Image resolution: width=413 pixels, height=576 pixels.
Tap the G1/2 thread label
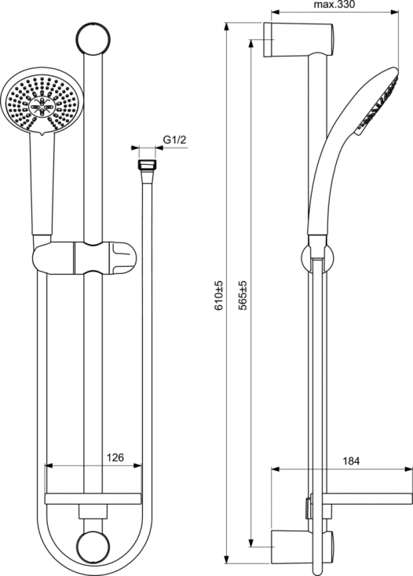175,140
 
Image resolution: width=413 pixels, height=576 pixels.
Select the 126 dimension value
115,458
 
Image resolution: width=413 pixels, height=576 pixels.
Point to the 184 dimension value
351,461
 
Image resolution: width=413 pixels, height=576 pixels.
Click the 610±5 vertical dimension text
218,296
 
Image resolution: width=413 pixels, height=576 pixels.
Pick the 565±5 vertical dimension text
243,296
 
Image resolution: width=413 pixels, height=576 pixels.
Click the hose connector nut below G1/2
148,165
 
